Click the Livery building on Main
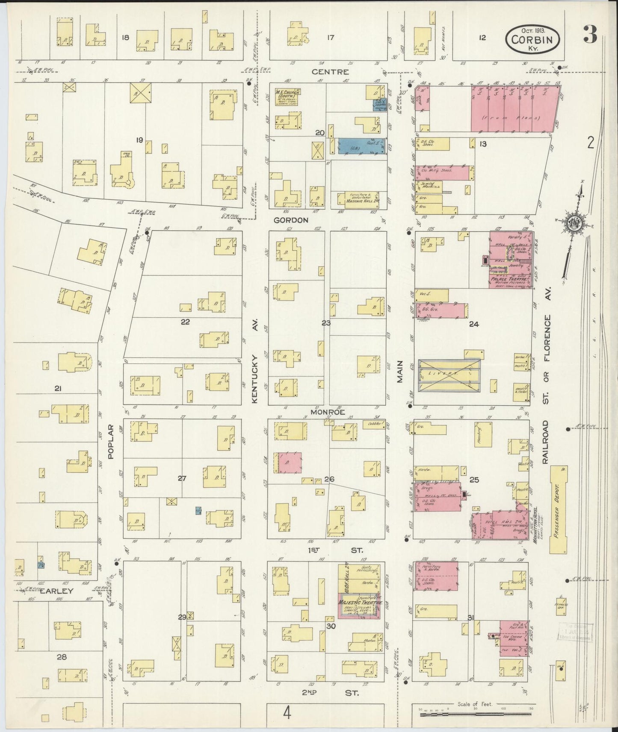click(449, 375)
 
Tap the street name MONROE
click(328, 413)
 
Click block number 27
click(182, 478)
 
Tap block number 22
click(185, 322)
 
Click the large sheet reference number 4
click(287, 712)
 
